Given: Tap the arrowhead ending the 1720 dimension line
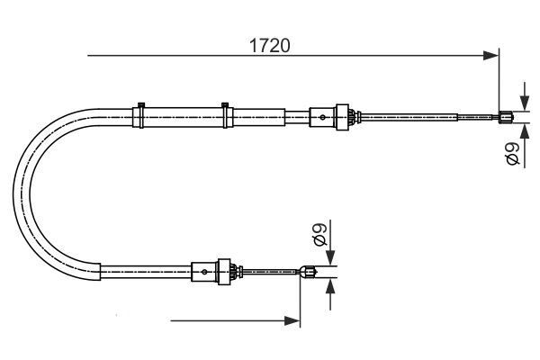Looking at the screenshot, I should [x=492, y=57].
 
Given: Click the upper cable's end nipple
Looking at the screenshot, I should [x=507, y=114].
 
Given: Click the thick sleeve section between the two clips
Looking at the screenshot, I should [x=183, y=117].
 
